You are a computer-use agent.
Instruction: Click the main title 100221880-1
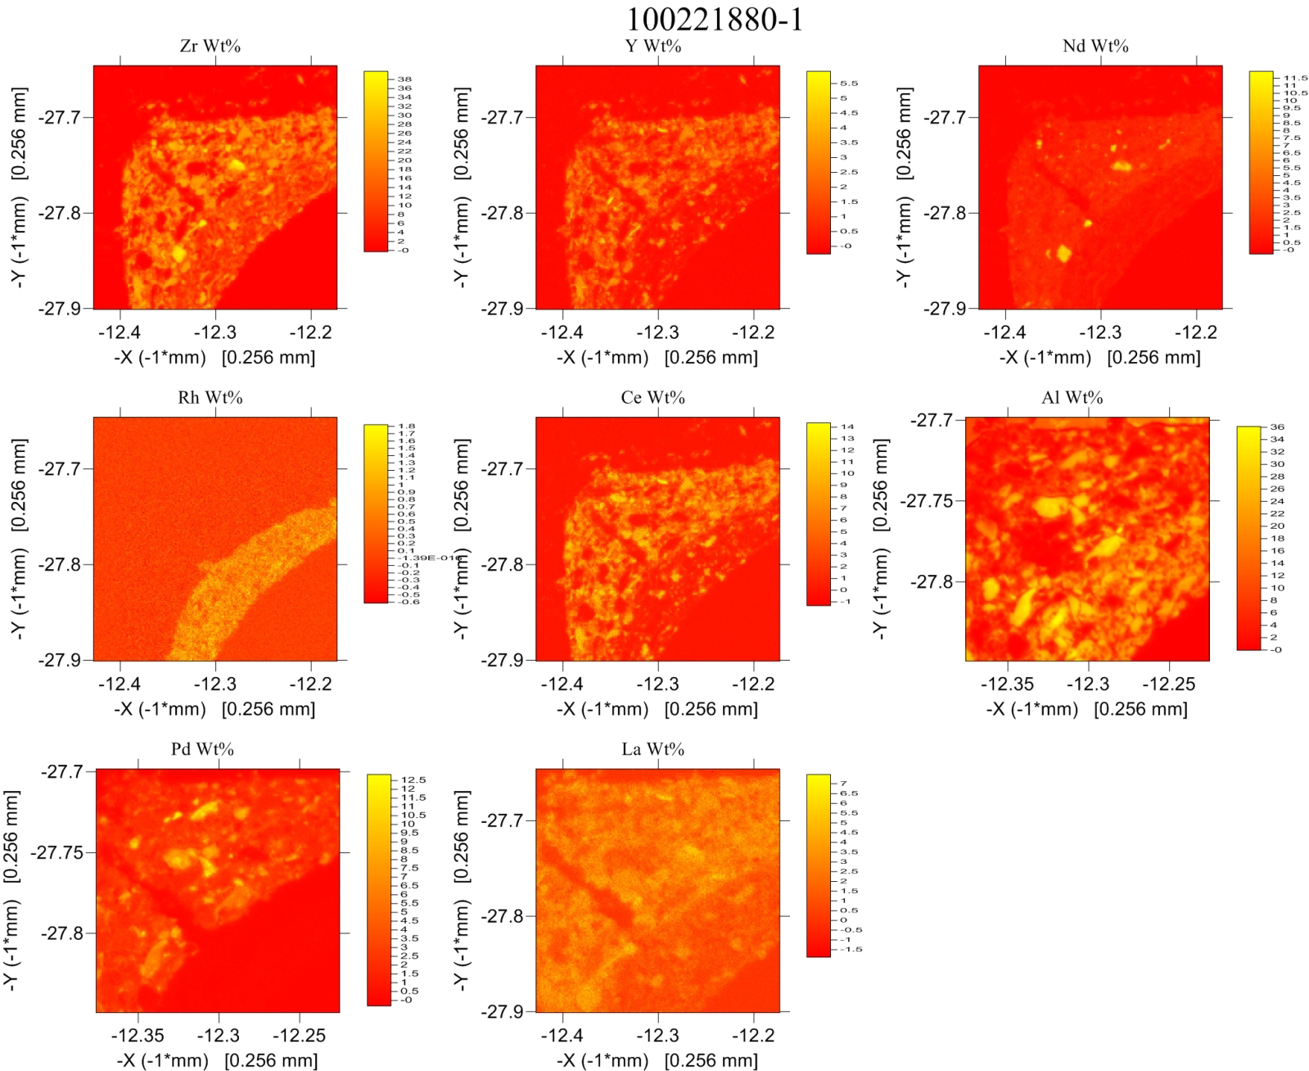point(715,20)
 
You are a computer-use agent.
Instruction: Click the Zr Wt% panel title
point(210,46)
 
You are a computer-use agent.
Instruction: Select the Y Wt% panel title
point(653,46)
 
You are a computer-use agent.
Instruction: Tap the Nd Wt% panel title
point(1095,46)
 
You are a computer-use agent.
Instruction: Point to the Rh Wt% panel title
point(210,398)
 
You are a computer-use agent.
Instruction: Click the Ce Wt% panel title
point(653,398)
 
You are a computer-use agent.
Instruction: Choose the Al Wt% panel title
point(1072,398)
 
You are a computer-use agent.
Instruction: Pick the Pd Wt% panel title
point(203,749)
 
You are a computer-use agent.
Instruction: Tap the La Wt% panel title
point(653,749)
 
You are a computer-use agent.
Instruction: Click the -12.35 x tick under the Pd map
point(138,1036)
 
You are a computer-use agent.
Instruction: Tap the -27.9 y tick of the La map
point(502,1012)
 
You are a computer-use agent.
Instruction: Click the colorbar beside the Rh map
point(376,513)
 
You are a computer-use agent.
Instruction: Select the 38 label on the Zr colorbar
point(404,80)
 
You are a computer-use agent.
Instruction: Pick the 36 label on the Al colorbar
point(1277,427)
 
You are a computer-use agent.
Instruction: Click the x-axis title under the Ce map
point(657,709)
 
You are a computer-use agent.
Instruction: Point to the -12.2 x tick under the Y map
point(753,332)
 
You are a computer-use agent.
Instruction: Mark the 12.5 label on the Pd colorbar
point(413,780)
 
